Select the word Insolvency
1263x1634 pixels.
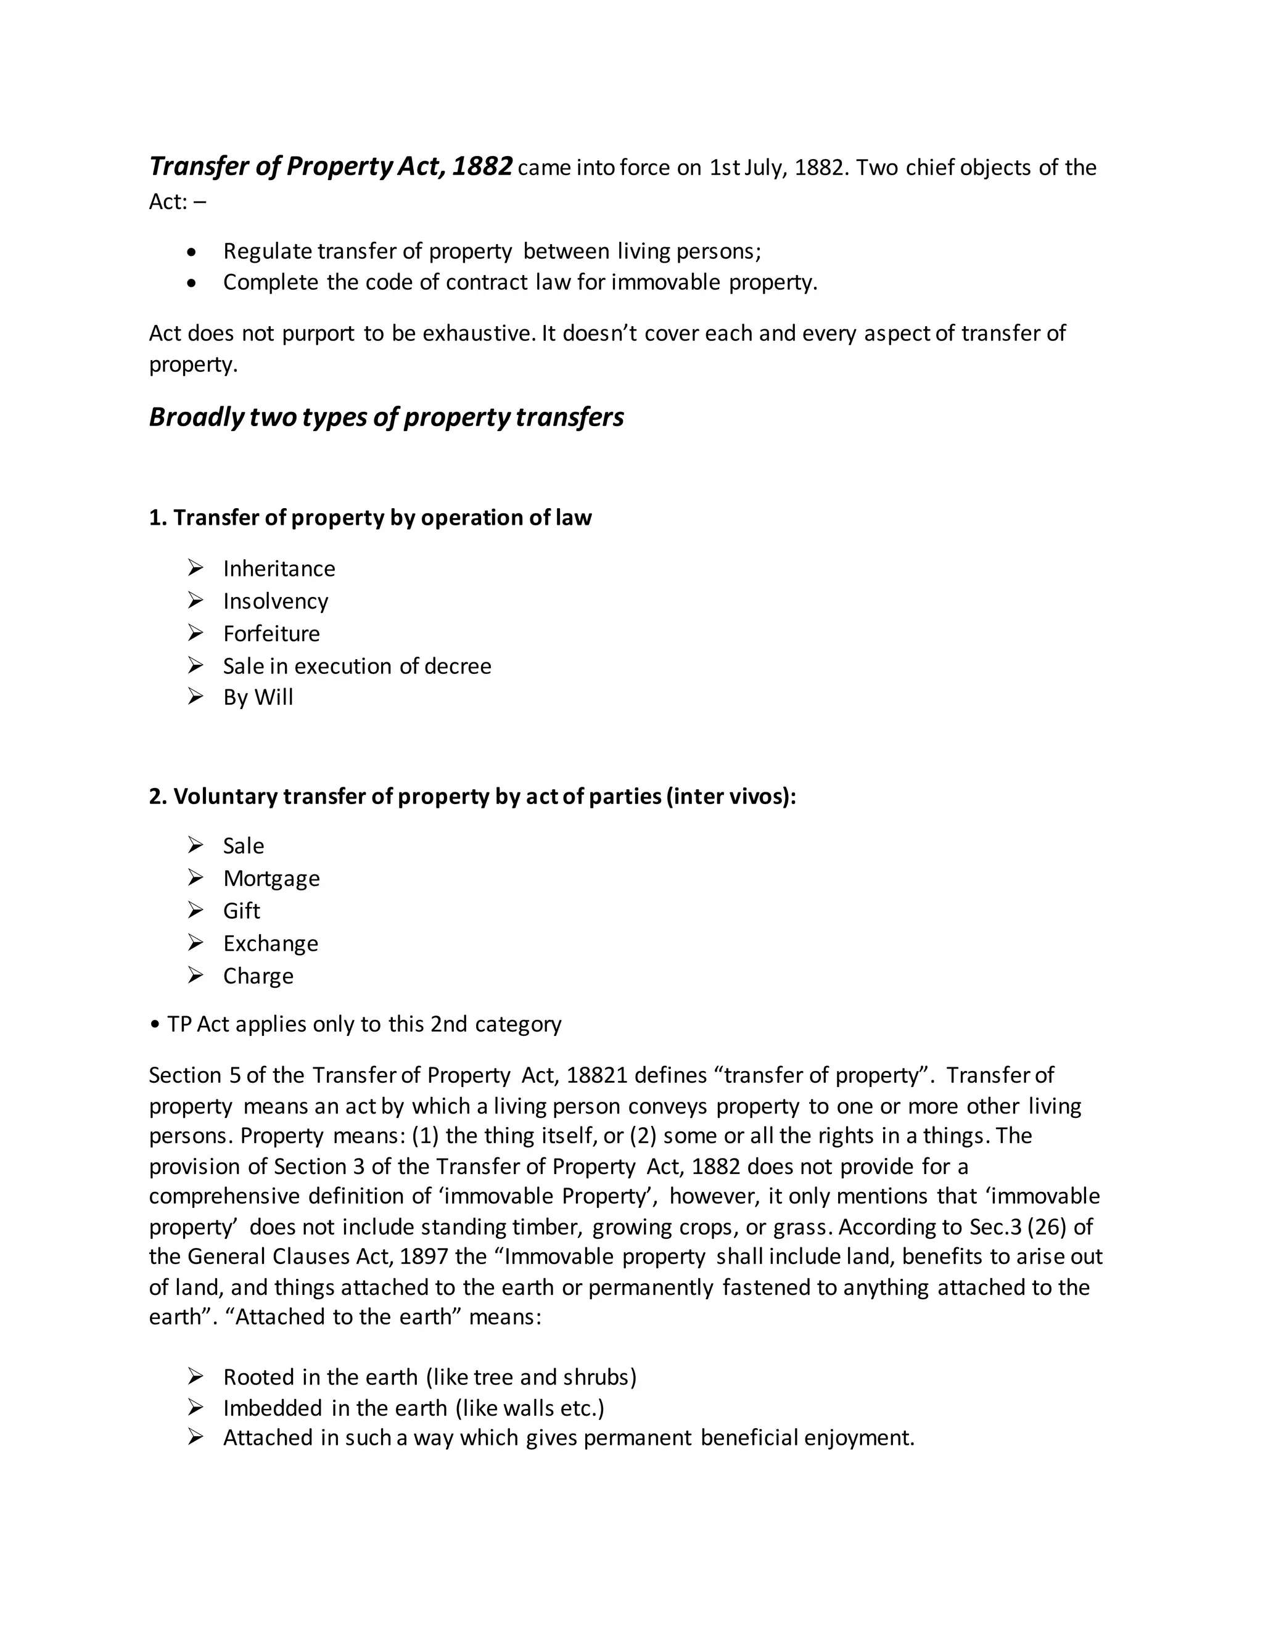[275, 602]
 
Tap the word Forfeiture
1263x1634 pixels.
[271, 634]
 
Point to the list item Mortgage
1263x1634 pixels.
[271, 878]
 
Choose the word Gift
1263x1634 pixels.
[241, 911]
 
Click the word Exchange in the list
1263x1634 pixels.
[270, 943]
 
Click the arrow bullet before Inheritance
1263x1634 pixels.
[195, 569]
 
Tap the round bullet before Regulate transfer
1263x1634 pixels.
[193, 253]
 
